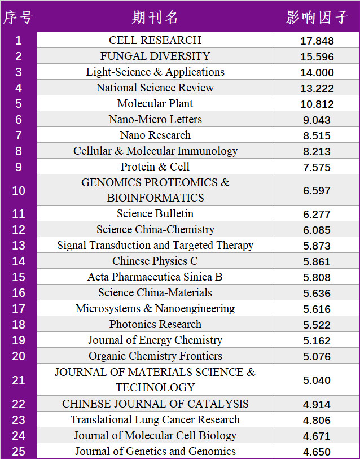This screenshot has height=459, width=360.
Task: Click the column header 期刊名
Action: [x=155, y=18]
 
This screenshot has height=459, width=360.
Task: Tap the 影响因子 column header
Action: [x=317, y=18]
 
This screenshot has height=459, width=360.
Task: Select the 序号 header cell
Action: [x=19, y=18]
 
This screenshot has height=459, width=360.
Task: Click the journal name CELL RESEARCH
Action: [x=155, y=40]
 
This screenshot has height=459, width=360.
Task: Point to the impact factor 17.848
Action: [x=318, y=41]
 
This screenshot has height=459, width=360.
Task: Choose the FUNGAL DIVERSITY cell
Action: [x=155, y=56]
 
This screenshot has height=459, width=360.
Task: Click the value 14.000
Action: [x=318, y=72]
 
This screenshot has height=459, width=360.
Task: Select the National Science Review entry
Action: [x=155, y=88]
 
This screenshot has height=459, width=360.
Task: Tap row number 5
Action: [x=19, y=104]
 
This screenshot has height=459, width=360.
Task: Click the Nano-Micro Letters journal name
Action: [x=155, y=119]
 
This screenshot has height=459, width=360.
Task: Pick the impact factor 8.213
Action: [x=318, y=151]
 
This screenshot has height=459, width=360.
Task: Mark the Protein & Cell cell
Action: [x=155, y=167]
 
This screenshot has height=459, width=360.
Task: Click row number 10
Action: [x=19, y=190]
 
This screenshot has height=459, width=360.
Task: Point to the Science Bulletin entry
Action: [x=155, y=213]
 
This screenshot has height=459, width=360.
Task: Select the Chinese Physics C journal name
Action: [x=155, y=261]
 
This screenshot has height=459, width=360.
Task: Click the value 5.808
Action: [x=318, y=277]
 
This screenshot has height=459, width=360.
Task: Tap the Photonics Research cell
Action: [x=155, y=324]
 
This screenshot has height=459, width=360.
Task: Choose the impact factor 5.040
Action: [x=318, y=380]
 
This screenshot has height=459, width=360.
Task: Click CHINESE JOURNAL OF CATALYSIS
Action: [x=155, y=404]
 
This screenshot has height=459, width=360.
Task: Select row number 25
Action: [x=19, y=452]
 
